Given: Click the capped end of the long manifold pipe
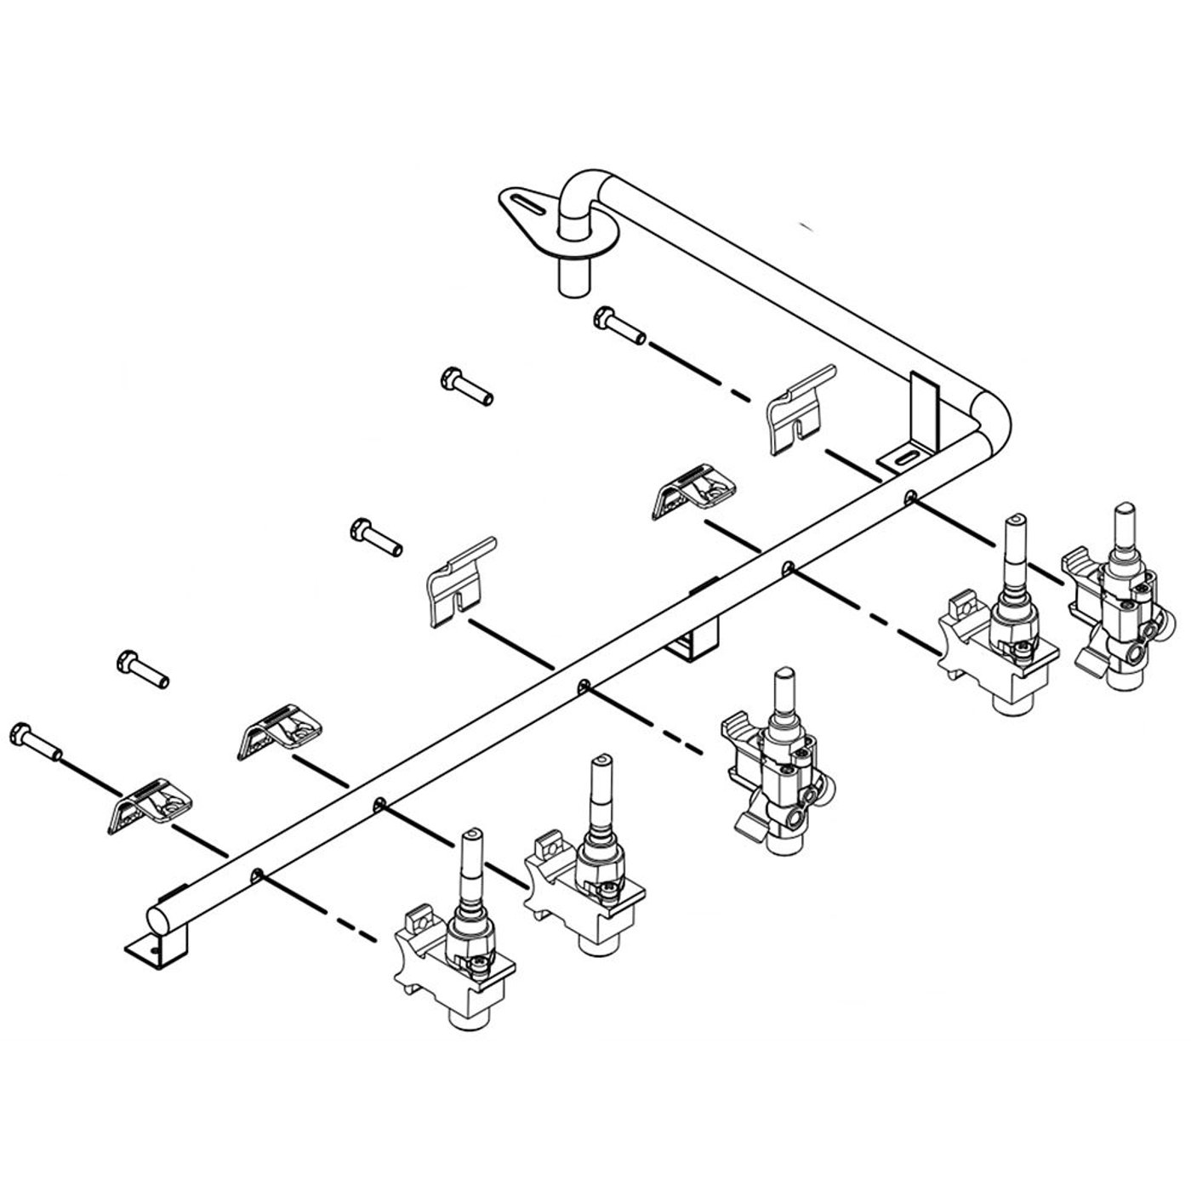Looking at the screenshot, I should [158, 920].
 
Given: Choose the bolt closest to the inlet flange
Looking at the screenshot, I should [619, 326].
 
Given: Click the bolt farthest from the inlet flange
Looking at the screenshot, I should [33, 740].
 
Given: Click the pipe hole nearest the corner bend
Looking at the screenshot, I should [910, 495].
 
